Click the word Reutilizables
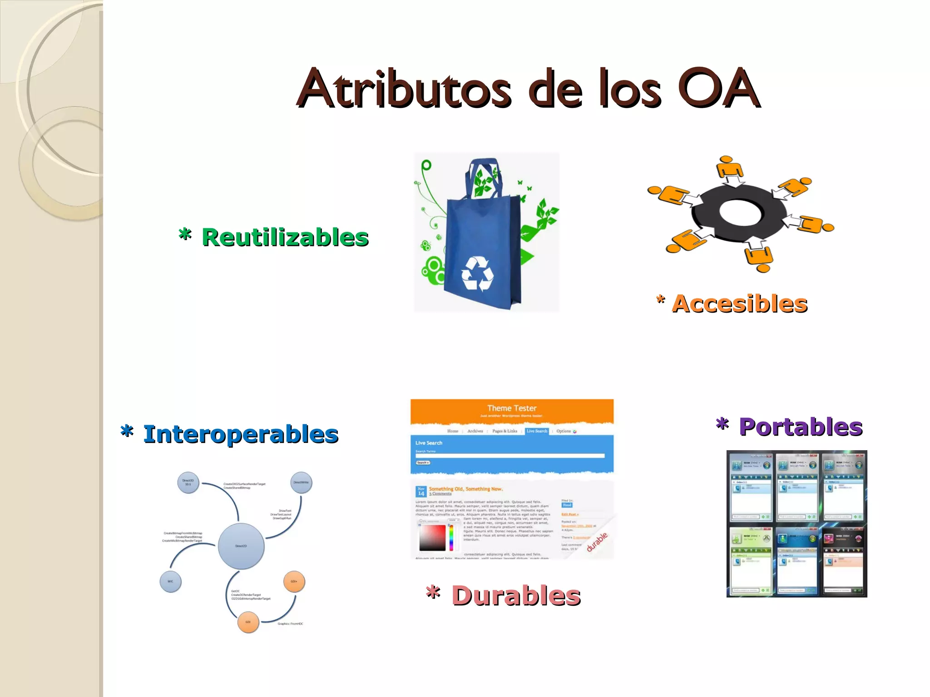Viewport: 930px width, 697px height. tap(285, 237)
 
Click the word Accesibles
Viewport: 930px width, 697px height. tap(740, 304)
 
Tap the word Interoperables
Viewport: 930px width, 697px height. tap(241, 434)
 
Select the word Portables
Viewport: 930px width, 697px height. tap(801, 427)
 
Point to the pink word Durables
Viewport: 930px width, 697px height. tap(516, 595)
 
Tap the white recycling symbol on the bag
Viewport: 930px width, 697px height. tap(477, 274)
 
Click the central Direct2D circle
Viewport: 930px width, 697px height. tap(241, 546)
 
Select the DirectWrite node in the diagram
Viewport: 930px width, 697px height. tap(301, 482)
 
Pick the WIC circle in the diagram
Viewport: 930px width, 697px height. tap(170, 581)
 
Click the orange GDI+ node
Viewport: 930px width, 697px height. tap(294, 581)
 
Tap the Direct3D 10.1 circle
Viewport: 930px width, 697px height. tap(188, 482)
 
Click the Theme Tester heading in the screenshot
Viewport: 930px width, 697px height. tap(512, 408)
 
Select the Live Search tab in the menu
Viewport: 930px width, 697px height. tap(537, 431)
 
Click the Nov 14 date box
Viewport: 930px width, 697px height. tap(421, 491)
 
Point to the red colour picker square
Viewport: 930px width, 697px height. tap(432, 537)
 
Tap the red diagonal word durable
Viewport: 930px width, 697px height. tap(597, 542)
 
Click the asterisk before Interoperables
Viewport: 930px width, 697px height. tap(127, 431)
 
